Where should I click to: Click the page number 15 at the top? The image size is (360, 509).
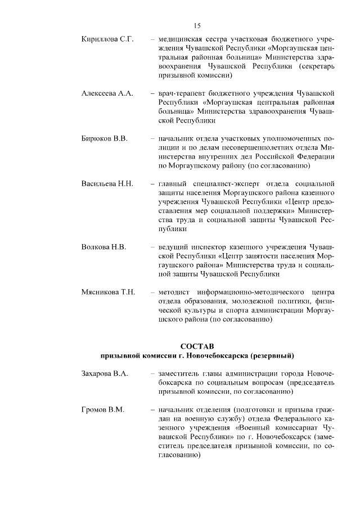pos(197,26)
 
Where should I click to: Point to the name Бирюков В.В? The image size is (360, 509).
pos(105,138)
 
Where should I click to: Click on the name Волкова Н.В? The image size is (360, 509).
pos(104,247)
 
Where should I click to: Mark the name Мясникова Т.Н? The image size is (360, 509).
pos(109,292)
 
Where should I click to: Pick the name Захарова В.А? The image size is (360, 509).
pos(105,373)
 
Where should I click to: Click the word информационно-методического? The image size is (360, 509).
pos(250,292)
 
